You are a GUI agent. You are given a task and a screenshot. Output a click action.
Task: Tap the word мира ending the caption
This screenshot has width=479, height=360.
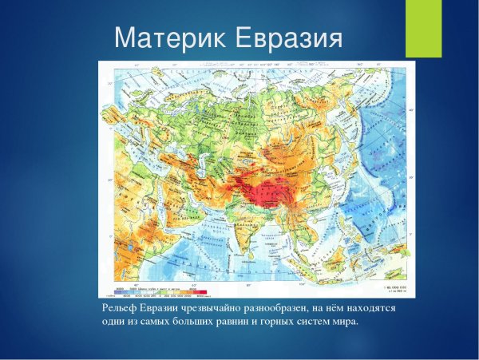pos(345,322)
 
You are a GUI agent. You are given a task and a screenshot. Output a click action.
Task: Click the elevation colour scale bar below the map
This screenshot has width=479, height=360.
pos(160,292)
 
